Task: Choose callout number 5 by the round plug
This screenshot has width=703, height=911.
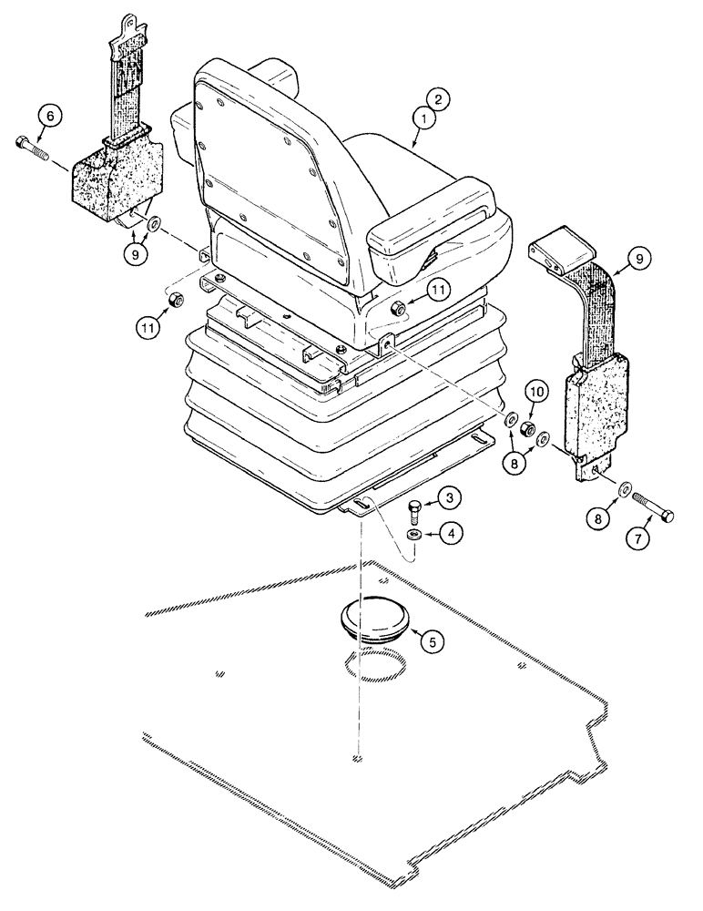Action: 433,640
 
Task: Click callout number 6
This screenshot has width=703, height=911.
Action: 51,116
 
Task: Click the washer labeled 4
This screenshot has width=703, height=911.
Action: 413,534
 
